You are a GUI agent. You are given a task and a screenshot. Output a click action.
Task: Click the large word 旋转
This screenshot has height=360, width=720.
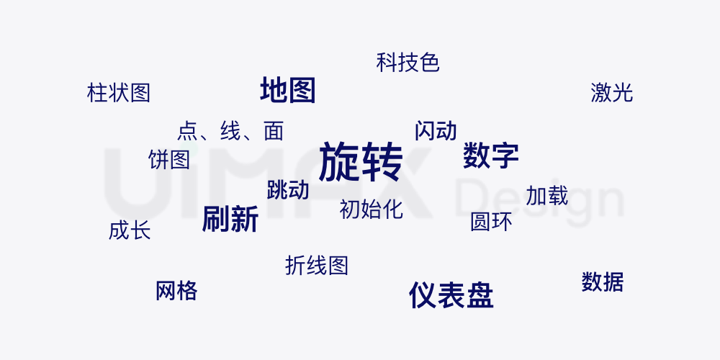tap(360, 161)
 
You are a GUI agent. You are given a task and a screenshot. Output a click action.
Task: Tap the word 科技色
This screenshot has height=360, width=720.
tap(408, 63)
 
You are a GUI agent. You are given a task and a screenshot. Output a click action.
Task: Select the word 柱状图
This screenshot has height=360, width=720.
tap(119, 93)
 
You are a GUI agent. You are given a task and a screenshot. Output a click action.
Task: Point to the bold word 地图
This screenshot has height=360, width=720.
tap(288, 91)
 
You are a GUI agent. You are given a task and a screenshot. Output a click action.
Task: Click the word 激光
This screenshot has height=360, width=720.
tap(611, 93)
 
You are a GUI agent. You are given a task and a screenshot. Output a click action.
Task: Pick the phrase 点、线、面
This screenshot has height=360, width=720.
tap(230, 131)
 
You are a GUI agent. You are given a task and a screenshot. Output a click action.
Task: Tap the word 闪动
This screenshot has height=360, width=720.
tap(436, 131)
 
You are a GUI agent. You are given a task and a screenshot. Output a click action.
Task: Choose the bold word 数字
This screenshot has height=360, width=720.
tap(490, 156)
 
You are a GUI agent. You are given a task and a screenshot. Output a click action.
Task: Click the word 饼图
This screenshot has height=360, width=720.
tap(169, 160)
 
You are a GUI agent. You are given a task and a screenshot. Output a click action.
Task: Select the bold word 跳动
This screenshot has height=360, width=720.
tap(288, 190)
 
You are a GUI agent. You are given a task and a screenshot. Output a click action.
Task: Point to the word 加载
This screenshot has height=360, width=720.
tap(547, 196)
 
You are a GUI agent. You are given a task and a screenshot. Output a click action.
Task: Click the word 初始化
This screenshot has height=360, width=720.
tap(371, 210)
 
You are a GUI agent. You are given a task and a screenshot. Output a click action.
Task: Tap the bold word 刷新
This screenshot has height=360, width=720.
tap(230, 219)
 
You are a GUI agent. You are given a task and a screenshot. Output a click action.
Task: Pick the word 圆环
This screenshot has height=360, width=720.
tap(491, 222)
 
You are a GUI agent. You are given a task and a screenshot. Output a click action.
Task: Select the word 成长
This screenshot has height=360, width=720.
tap(130, 231)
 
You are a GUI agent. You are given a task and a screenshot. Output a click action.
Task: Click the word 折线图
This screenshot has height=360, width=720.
tap(317, 266)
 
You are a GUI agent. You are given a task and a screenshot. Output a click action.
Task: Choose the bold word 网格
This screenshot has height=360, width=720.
tap(176, 291)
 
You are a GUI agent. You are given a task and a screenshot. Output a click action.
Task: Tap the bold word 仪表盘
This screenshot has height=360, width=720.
tap(451, 295)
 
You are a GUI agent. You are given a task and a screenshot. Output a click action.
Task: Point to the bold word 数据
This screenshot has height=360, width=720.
tap(603, 282)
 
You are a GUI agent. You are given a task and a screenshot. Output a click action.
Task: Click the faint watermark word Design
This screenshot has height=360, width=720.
tap(540, 198)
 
